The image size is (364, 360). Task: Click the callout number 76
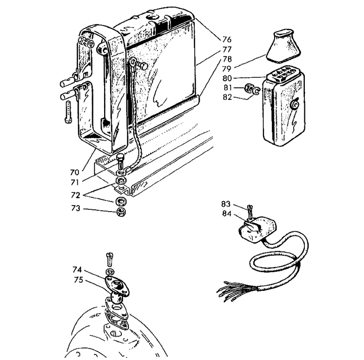click(227, 40)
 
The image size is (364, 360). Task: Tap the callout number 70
click(75, 172)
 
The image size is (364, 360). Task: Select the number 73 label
click(75, 209)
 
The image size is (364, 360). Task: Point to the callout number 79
click(227, 69)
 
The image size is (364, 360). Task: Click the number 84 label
click(227, 214)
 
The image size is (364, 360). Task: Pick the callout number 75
click(78, 280)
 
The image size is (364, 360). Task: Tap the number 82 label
click(227, 97)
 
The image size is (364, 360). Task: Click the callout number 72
click(75, 195)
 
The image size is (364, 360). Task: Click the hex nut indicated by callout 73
click(121, 212)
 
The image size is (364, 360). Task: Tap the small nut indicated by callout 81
click(249, 88)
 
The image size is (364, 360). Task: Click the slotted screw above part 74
click(110, 259)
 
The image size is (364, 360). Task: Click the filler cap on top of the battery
click(152, 18)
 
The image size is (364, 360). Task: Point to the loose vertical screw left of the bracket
click(68, 112)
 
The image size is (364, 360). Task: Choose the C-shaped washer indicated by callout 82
click(256, 91)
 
